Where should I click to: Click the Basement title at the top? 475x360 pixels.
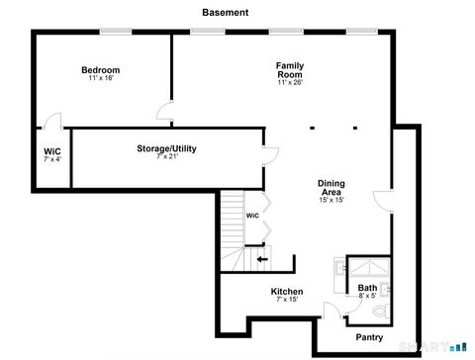click(225, 13)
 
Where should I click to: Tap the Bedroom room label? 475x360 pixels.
click(100, 69)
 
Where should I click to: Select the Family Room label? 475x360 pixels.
click(289, 69)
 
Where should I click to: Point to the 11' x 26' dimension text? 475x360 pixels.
click(289, 83)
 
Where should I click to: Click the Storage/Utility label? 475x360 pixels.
click(166, 148)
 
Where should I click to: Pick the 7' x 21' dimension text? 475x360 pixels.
click(166, 156)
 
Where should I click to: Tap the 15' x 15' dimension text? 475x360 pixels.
click(331, 200)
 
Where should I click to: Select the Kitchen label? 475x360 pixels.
click(287, 292)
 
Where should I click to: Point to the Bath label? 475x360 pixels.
click(367, 288)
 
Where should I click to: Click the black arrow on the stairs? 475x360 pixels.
click(261, 260)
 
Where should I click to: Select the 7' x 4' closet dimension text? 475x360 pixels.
click(51, 159)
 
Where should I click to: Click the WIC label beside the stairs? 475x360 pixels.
click(252, 215)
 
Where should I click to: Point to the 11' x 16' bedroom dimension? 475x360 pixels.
click(100, 78)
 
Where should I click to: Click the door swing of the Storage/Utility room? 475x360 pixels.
click(269, 156)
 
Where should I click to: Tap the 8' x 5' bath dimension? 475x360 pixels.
click(367, 296)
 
